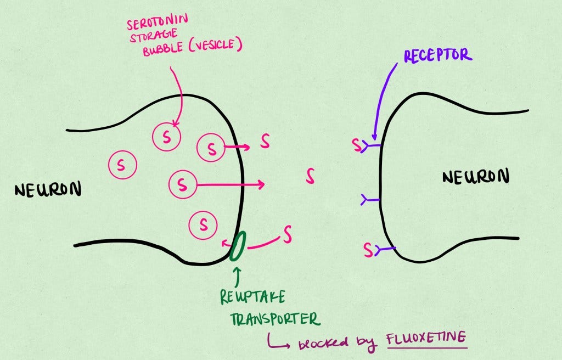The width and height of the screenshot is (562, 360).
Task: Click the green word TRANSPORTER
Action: click(269, 319)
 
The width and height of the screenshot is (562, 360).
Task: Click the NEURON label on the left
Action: click(48, 190)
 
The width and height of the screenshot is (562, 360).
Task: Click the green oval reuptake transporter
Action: click(238, 246)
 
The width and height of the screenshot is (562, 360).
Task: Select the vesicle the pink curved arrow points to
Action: click(166, 137)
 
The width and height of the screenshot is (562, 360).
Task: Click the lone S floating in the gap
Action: click(311, 176)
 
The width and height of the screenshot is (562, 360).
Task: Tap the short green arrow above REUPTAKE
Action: click(237, 275)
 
